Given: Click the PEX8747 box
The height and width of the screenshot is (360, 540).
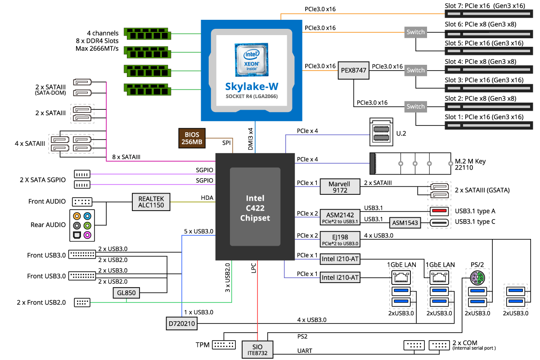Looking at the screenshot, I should tap(353, 71).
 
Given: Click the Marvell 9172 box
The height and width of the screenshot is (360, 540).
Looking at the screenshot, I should tap(340, 187).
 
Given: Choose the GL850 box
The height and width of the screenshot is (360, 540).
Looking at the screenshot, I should tap(126, 293).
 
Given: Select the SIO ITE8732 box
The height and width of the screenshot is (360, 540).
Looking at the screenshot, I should tap(257, 349).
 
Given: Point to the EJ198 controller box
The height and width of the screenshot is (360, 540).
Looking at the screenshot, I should tap(340, 239).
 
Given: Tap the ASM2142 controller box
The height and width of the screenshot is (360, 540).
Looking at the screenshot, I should tap(340, 216).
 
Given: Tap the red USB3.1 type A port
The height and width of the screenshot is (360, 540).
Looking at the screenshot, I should tap(439, 210).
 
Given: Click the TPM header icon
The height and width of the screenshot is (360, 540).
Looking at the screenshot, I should tap(223, 345).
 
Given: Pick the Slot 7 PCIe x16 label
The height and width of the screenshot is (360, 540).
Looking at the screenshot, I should tap(484, 6).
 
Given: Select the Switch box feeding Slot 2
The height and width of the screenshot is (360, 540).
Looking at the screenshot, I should tap(415, 107).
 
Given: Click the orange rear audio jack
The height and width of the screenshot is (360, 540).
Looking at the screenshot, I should tap(77, 216).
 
